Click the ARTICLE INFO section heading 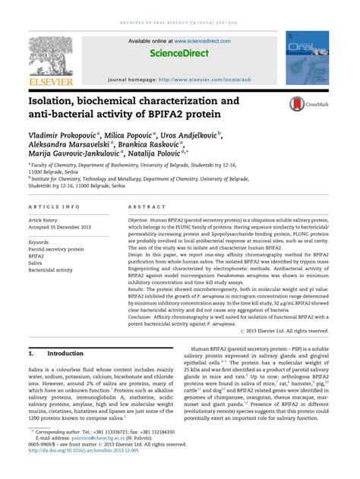coord(54,206)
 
